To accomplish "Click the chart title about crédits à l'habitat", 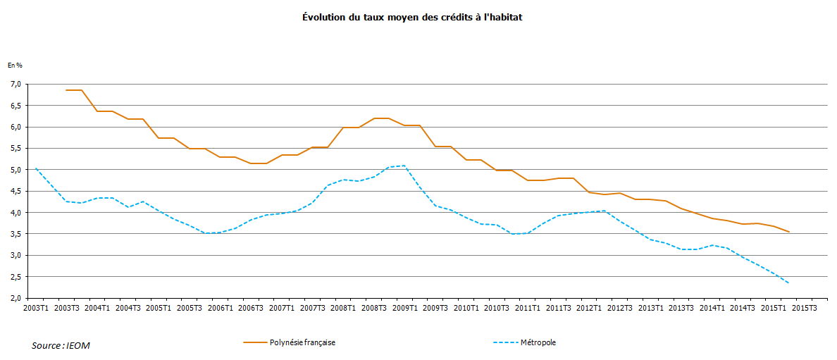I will click(x=412, y=17).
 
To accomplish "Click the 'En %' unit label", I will click(x=15, y=65).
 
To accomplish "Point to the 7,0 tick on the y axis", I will click(x=15, y=85).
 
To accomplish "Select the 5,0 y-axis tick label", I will click(x=15, y=170).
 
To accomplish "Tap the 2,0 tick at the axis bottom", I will click(x=15, y=298).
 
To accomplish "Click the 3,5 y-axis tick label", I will click(x=15, y=234).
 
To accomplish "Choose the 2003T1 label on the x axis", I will click(x=36, y=308).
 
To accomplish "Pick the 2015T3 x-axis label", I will click(x=803, y=308).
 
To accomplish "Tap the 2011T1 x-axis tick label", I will click(x=527, y=308).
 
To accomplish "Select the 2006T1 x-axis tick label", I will click(x=220, y=308).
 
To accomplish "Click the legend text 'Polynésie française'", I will click(x=302, y=342).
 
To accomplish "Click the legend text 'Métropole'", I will click(x=538, y=342).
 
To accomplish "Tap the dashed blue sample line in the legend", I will click(x=504, y=342).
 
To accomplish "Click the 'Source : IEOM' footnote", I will click(x=61, y=345).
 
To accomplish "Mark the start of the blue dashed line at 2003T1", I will click(x=36, y=168).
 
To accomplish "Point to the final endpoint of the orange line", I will click(x=788, y=232).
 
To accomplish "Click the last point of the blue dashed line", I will click(x=788, y=283).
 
